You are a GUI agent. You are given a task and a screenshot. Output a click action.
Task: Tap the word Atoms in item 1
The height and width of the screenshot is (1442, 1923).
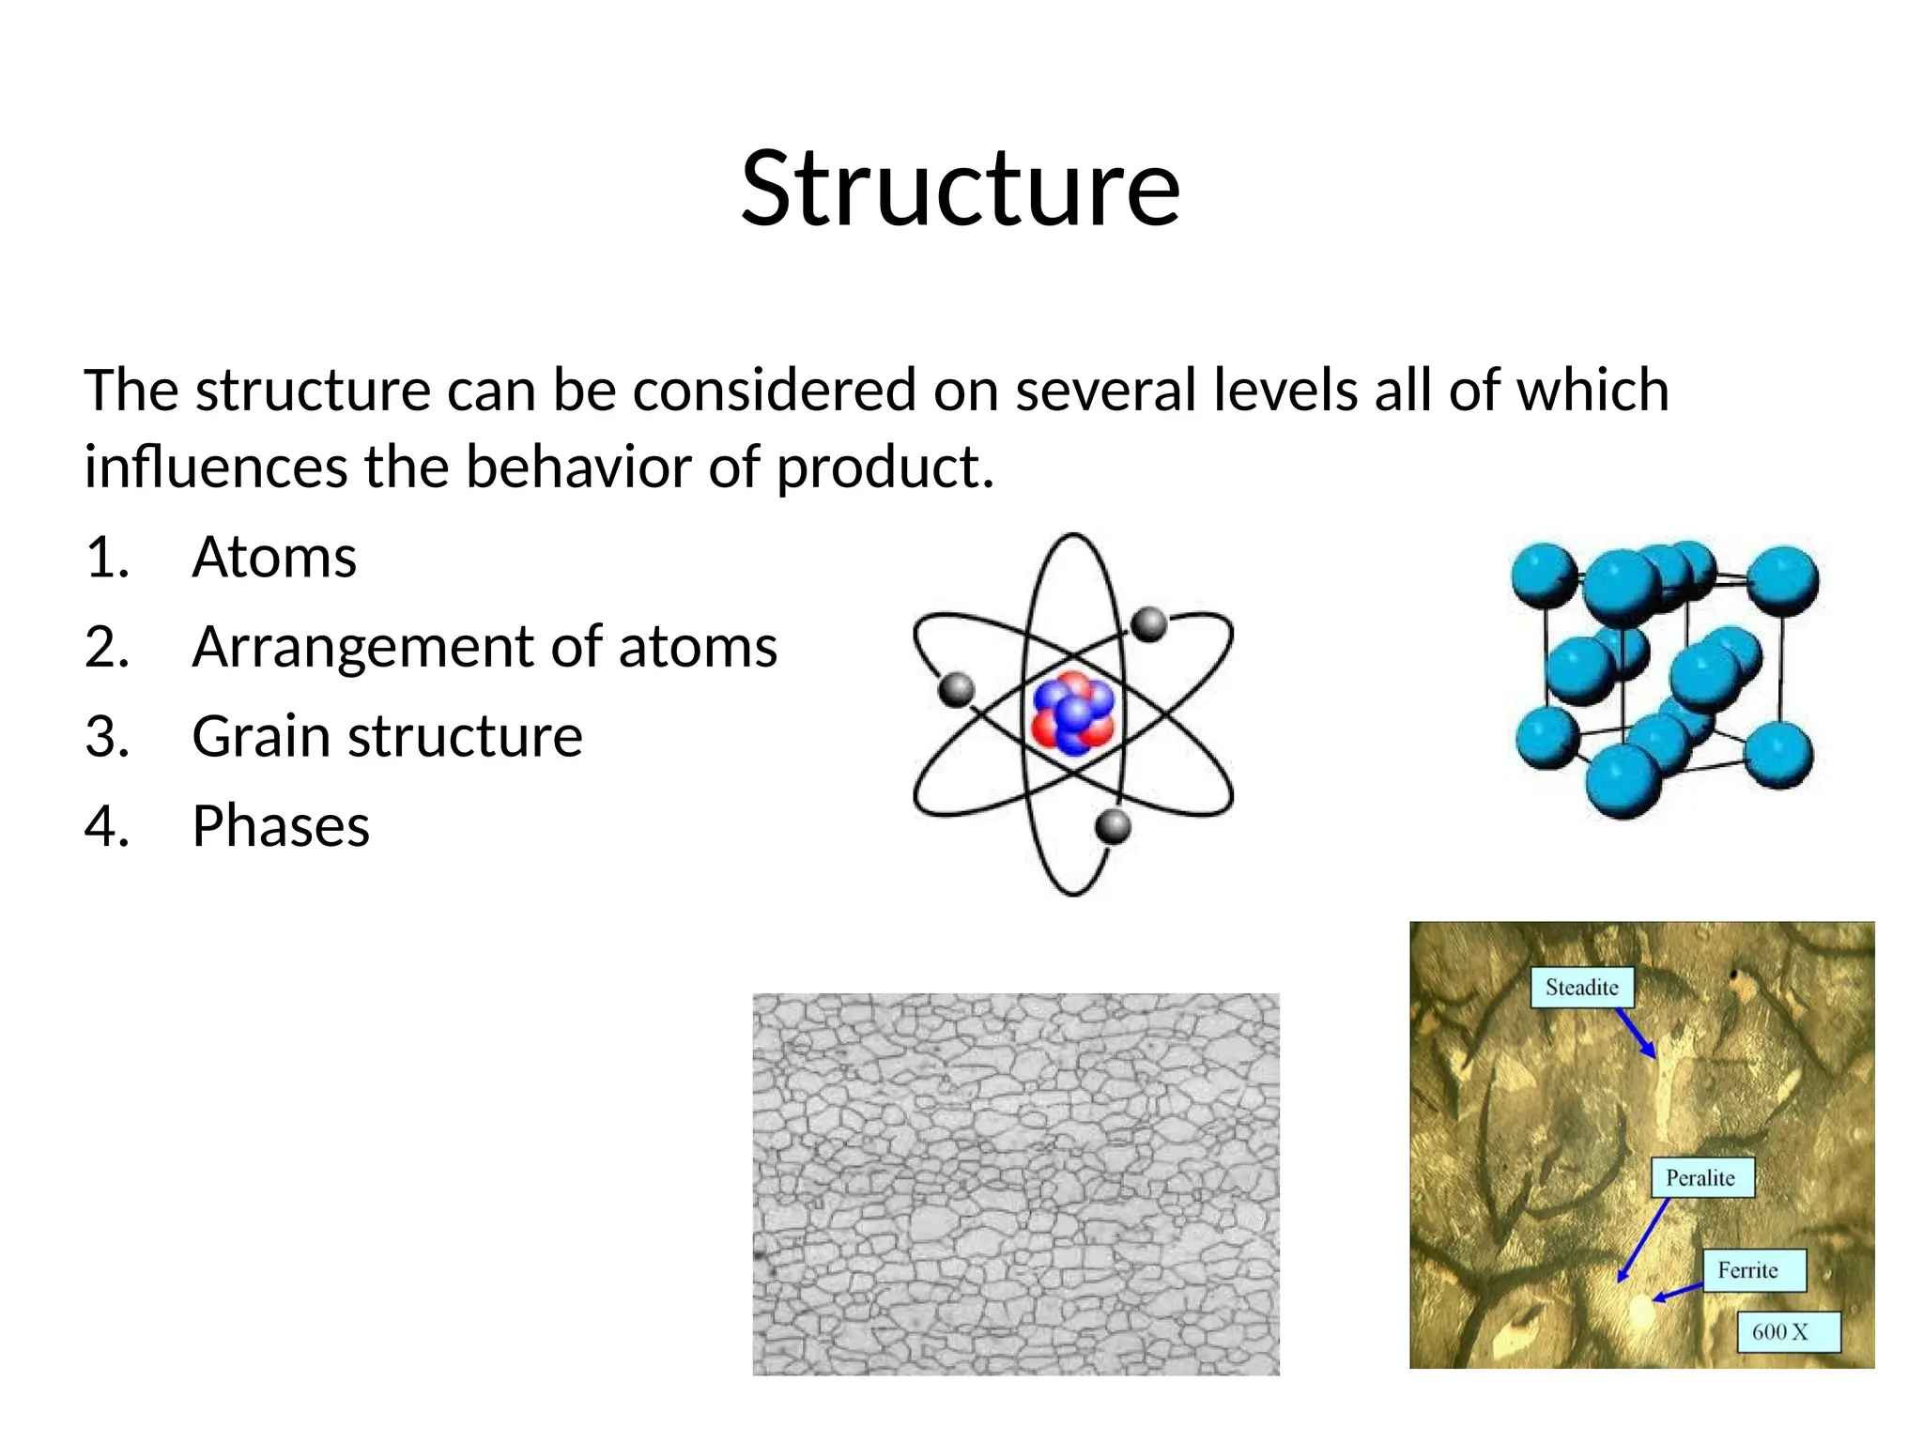click(274, 557)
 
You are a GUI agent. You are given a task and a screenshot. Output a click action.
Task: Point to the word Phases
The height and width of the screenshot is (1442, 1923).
click(281, 826)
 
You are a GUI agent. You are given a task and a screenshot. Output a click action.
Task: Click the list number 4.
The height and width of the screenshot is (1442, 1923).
click(106, 826)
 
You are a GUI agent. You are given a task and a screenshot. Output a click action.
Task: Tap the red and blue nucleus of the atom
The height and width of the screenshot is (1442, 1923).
click(1072, 713)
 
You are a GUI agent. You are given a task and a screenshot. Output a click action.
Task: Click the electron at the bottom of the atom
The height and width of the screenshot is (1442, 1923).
click(1113, 826)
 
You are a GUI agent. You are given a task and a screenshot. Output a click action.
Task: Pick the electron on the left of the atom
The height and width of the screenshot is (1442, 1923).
click(957, 690)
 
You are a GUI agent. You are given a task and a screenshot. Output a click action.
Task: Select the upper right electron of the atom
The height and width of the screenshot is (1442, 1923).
click(1148, 623)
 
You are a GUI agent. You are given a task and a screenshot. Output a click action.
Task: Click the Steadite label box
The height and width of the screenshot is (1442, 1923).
click(1582, 988)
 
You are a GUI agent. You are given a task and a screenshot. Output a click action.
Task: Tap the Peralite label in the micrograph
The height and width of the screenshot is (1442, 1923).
click(1701, 1177)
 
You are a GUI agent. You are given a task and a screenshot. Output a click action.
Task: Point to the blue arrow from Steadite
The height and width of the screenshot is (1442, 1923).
click(1636, 1034)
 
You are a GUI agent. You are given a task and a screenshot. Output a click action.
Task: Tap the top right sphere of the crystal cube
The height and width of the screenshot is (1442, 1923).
click(1782, 581)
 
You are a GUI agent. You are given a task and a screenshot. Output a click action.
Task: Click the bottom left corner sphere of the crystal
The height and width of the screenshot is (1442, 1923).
click(1547, 737)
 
